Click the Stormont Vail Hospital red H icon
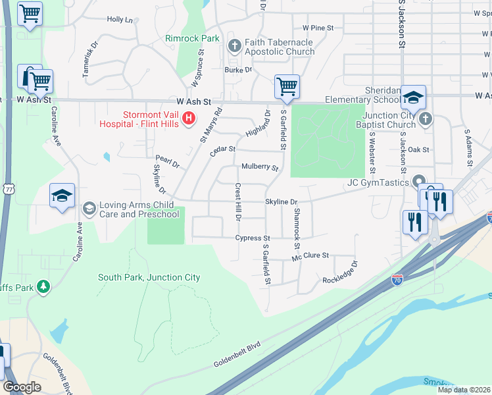189,118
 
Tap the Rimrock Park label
192,39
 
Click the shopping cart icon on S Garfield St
287,86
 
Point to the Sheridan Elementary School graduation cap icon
413,97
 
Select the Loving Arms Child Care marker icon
88,209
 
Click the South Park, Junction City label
149,277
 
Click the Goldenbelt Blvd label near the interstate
237,355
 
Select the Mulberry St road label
260,167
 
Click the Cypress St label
253,238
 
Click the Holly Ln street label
120,20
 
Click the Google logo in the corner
22,387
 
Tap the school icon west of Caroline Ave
62,196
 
